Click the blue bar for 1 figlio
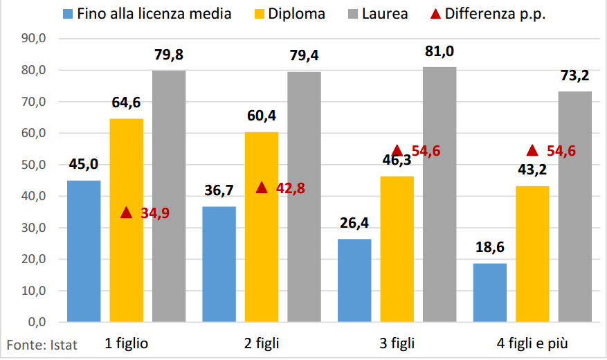(x=84, y=251)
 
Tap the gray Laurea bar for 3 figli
(x=440, y=194)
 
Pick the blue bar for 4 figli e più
(x=490, y=292)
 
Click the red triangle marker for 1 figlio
(x=126, y=213)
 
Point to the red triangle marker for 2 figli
(x=262, y=188)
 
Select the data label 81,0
(x=440, y=51)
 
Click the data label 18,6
(x=490, y=248)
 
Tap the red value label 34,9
(x=155, y=213)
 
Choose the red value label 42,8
(x=291, y=188)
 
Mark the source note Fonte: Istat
(x=42, y=344)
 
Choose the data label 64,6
(x=126, y=103)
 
